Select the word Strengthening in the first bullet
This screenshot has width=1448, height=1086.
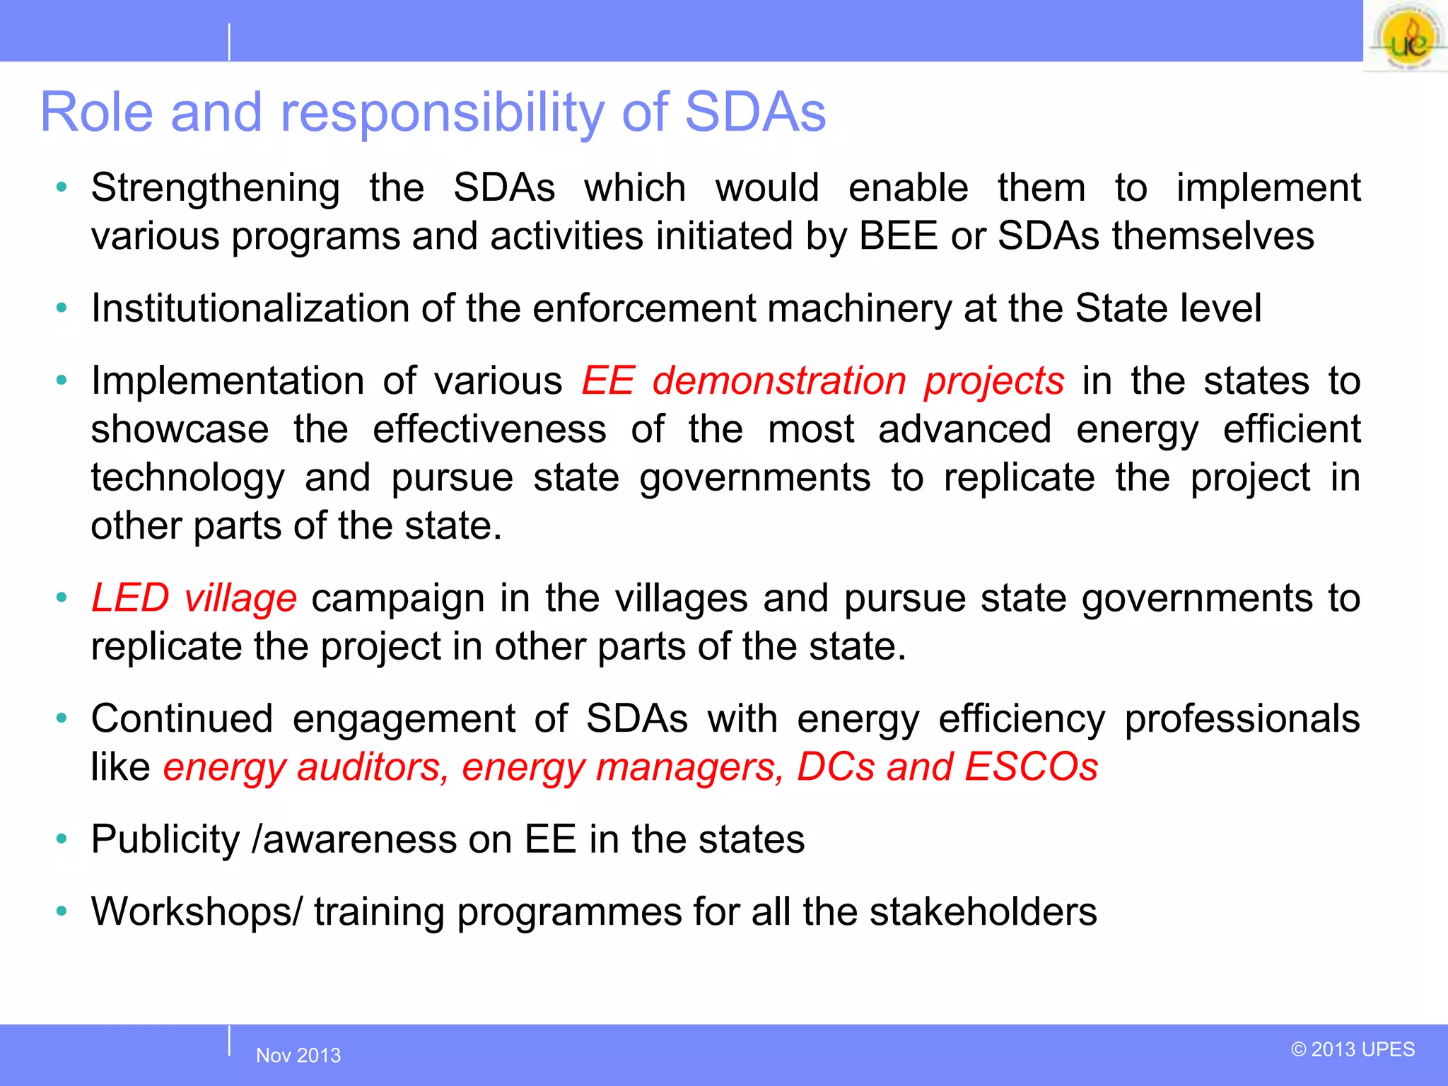(x=216, y=189)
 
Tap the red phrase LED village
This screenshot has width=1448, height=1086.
(x=194, y=598)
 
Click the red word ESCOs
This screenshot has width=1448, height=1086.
(x=1032, y=767)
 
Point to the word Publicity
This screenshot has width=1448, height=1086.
(x=166, y=840)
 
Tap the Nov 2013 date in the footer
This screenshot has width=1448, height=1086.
(x=298, y=1056)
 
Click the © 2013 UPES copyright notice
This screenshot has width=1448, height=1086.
(x=1353, y=1049)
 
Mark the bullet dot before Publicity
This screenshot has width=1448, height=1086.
(x=62, y=839)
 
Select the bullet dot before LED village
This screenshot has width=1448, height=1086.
(x=62, y=597)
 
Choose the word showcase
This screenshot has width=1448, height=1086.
(x=180, y=430)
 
